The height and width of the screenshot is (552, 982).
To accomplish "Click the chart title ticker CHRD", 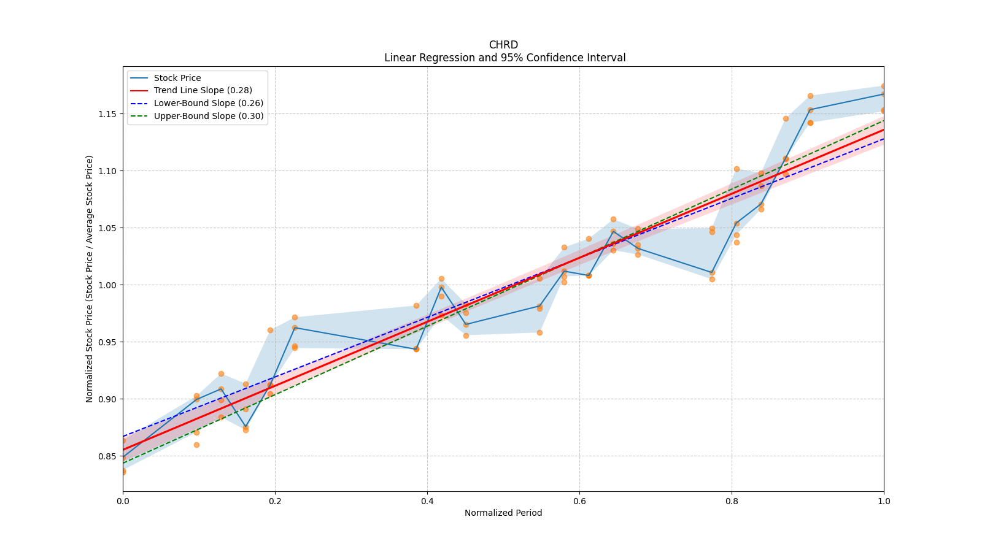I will pyautogui.click(x=503, y=45).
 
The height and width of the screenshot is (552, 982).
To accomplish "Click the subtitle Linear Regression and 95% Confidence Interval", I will pyautogui.click(x=505, y=58).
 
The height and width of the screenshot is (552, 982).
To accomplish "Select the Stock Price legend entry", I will pyautogui.click(x=177, y=78).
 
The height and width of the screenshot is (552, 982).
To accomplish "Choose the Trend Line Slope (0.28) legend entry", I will pyautogui.click(x=203, y=91).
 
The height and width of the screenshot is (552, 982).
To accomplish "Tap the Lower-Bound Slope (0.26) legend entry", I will pyautogui.click(x=208, y=103).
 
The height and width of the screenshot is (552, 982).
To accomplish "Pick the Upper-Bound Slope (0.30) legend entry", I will pyautogui.click(x=208, y=116).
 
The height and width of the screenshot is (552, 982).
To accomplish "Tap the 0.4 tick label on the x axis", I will pyautogui.click(x=427, y=501).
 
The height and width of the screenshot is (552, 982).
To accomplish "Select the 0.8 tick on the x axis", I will pyautogui.click(x=732, y=501).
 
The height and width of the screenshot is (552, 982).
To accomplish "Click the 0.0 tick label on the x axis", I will pyautogui.click(x=123, y=501).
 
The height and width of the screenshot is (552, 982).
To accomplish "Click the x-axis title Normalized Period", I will pyautogui.click(x=503, y=513).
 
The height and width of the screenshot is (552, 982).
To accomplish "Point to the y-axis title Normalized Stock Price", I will pyautogui.click(x=90, y=279).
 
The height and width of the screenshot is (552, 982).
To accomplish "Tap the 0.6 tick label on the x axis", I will pyautogui.click(x=579, y=501).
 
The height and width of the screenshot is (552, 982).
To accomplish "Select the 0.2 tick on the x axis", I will pyautogui.click(x=275, y=501).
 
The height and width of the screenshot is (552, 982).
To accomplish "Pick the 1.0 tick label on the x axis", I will pyautogui.click(x=884, y=501).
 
